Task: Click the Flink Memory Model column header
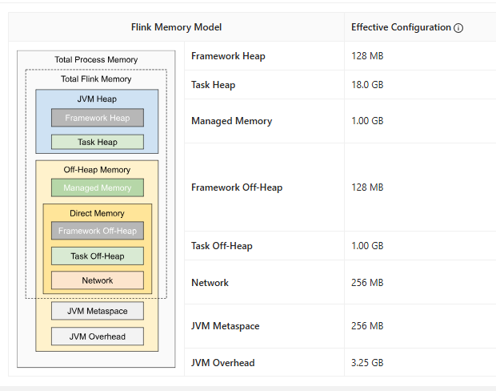(x=176, y=27)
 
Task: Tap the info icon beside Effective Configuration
(x=458, y=28)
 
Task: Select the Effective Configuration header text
(x=401, y=27)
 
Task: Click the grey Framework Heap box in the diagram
(x=97, y=118)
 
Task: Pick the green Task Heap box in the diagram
(x=97, y=142)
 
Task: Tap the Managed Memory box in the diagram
(x=97, y=187)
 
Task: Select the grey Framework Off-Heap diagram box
(x=97, y=231)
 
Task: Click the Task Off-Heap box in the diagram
(x=97, y=256)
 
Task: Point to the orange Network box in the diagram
(x=97, y=280)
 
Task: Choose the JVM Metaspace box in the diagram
(x=97, y=311)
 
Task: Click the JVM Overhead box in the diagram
(x=97, y=337)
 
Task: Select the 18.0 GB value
(x=367, y=85)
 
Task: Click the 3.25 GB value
(x=367, y=363)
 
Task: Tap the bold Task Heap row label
(x=213, y=85)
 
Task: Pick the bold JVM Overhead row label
(x=222, y=363)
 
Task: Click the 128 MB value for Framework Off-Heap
(x=367, y=187)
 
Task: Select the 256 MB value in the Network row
(x=367, y=283)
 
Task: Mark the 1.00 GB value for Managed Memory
(x=367, y=121)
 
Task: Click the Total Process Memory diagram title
(x=96, y=60)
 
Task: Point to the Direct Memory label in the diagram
(x=97, y=214)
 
